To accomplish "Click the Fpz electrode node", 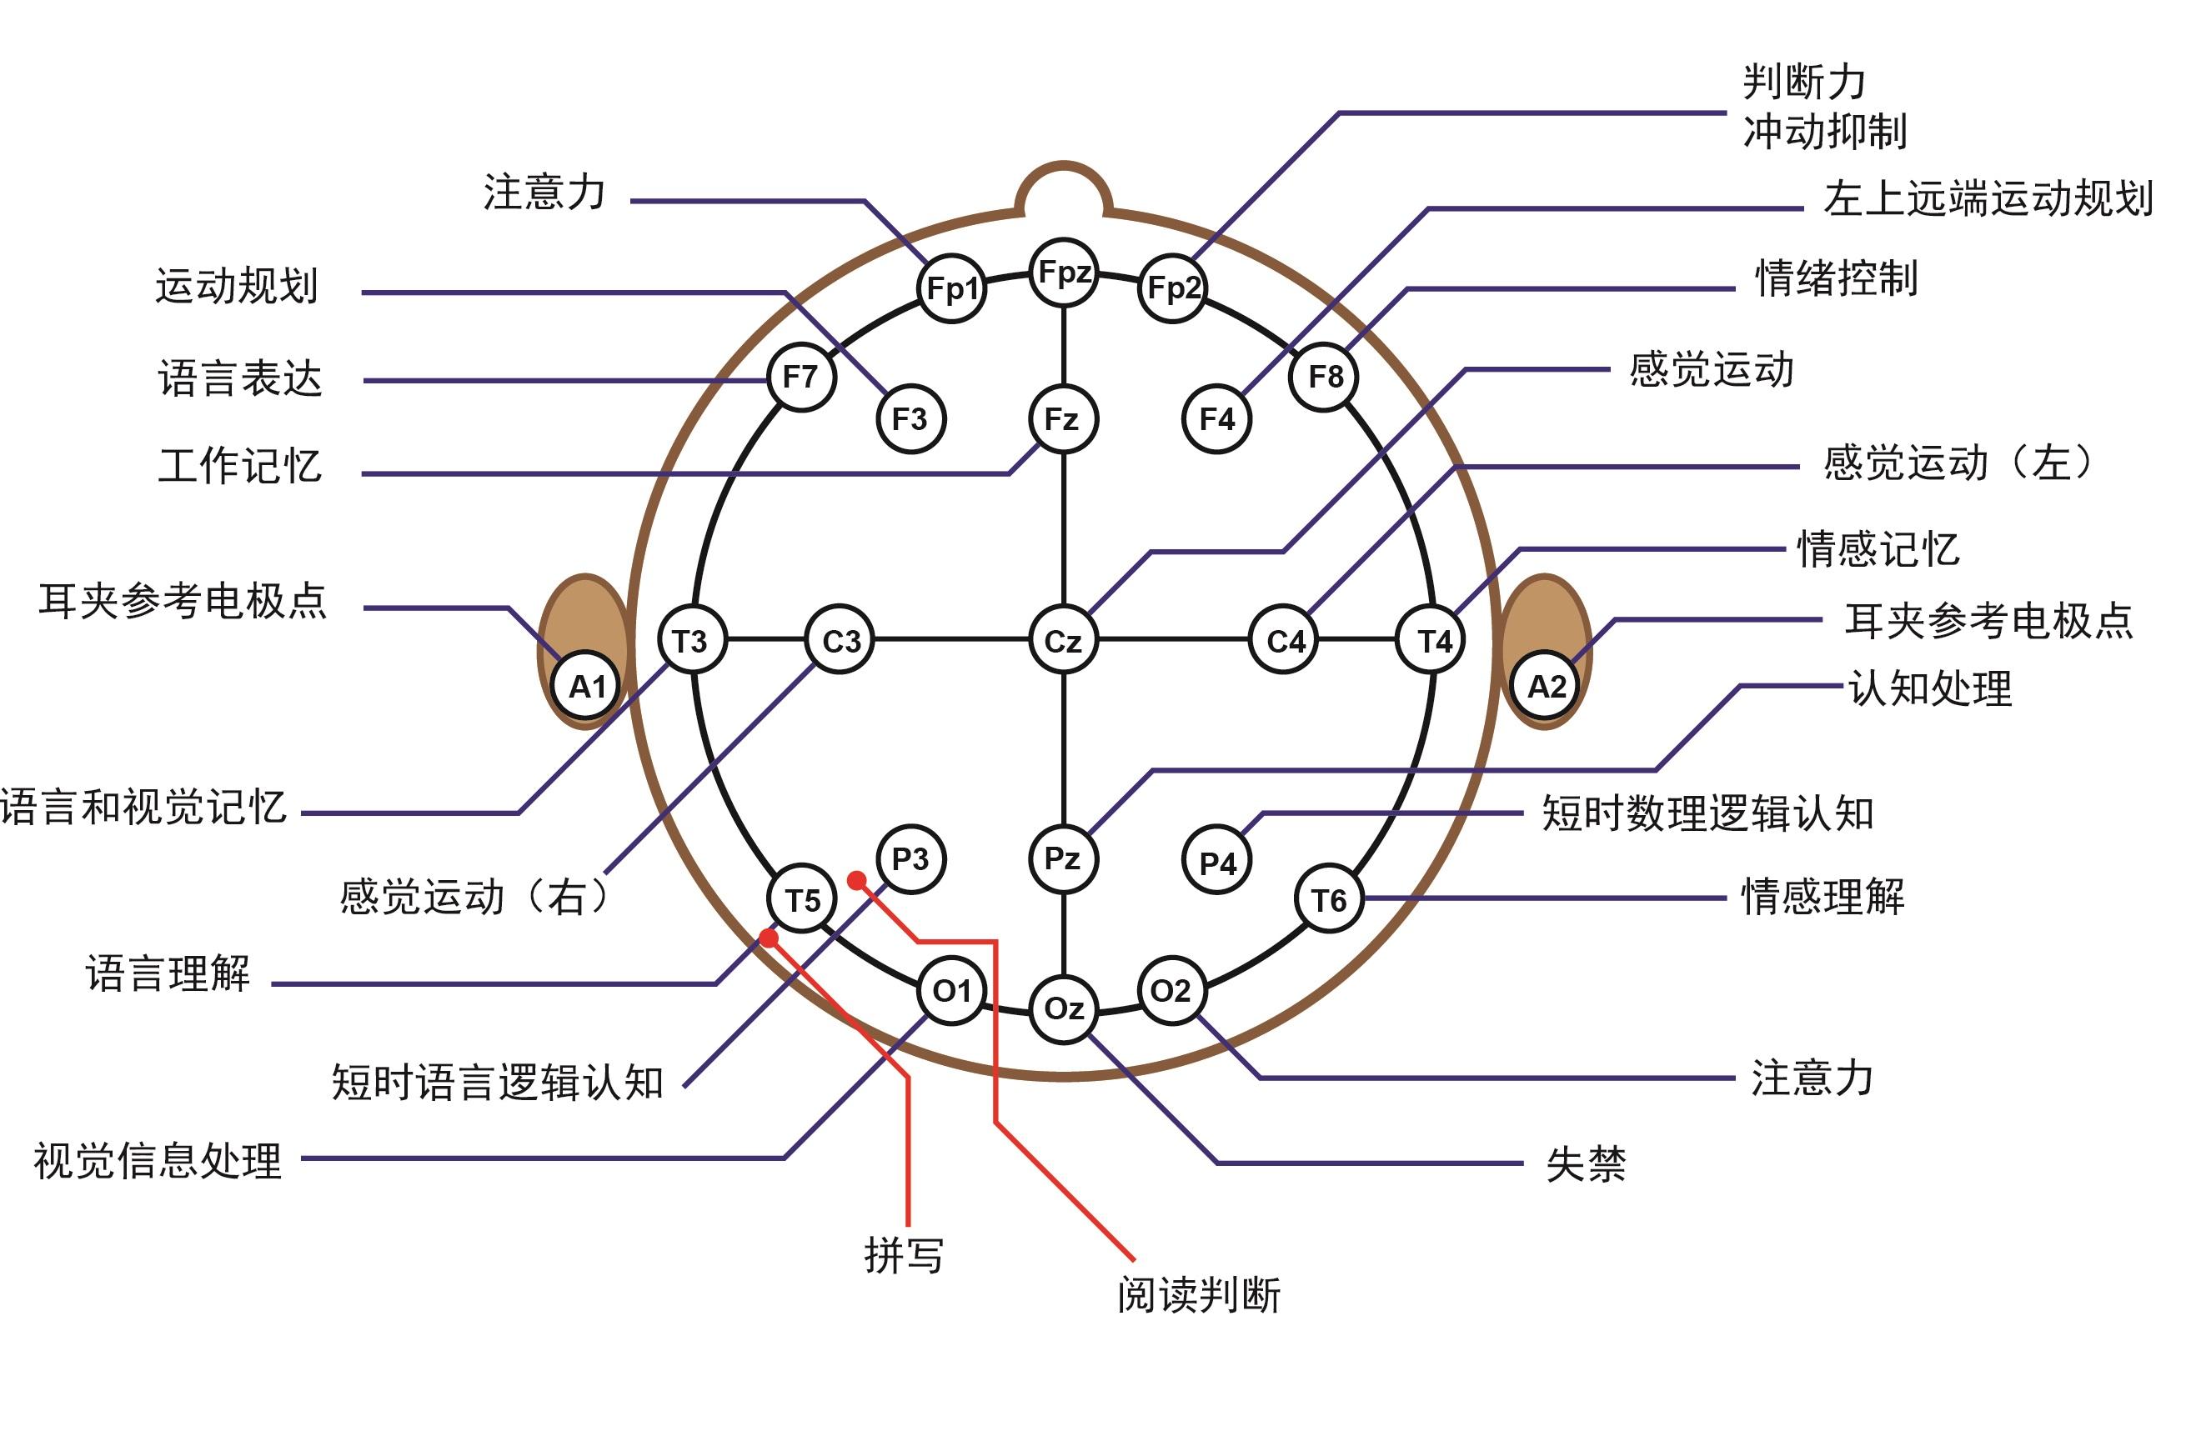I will (1064, 273).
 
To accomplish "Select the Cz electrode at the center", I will (1064, 640).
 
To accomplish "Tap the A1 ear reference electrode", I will (587, 687).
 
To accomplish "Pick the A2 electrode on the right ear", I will (1547, 687).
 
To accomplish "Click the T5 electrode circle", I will (803, 899).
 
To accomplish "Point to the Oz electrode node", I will (1064, 1008).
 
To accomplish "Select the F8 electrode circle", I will (1325, 376).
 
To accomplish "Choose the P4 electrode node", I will (1217, 862).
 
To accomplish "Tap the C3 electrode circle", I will (840, 640).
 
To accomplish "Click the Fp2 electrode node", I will (1172, 288).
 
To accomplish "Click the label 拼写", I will (904, 1256).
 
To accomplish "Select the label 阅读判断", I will (1198, 1295).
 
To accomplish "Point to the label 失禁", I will (1586, 1163).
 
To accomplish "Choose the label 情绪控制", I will (1836, 278).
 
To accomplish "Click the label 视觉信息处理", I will (158, 1161).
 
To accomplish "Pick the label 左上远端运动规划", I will (1988, 199).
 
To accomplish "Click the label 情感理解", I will (1822, 896).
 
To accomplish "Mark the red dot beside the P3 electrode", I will (857, 879).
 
